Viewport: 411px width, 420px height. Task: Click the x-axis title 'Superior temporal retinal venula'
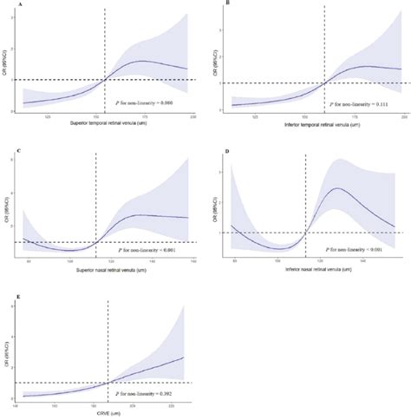coord(104,124)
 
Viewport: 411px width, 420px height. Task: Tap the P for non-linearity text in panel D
coord(345,248)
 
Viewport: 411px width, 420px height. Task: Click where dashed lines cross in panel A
coord(105,80)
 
